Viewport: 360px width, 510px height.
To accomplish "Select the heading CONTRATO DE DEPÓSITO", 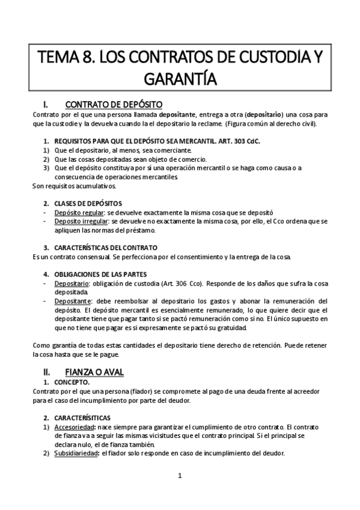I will (x=114, y=103).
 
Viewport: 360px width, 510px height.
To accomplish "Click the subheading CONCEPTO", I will (x=72, y=382).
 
